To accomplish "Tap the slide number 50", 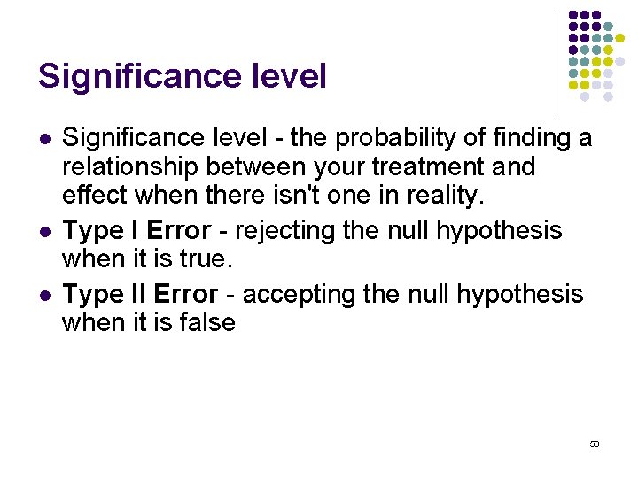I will pos(594,443).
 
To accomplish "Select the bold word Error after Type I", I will pos(179,231).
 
